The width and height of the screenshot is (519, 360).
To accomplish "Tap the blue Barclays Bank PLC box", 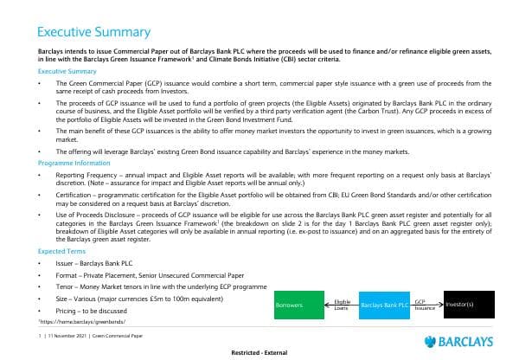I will [383, 305].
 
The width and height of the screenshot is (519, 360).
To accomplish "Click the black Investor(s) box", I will [470, 305].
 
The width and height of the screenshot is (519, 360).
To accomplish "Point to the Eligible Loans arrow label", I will [341, 304].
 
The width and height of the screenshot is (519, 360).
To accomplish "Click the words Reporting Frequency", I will [85, 174].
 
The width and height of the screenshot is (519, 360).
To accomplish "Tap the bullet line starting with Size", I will [121, 296].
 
